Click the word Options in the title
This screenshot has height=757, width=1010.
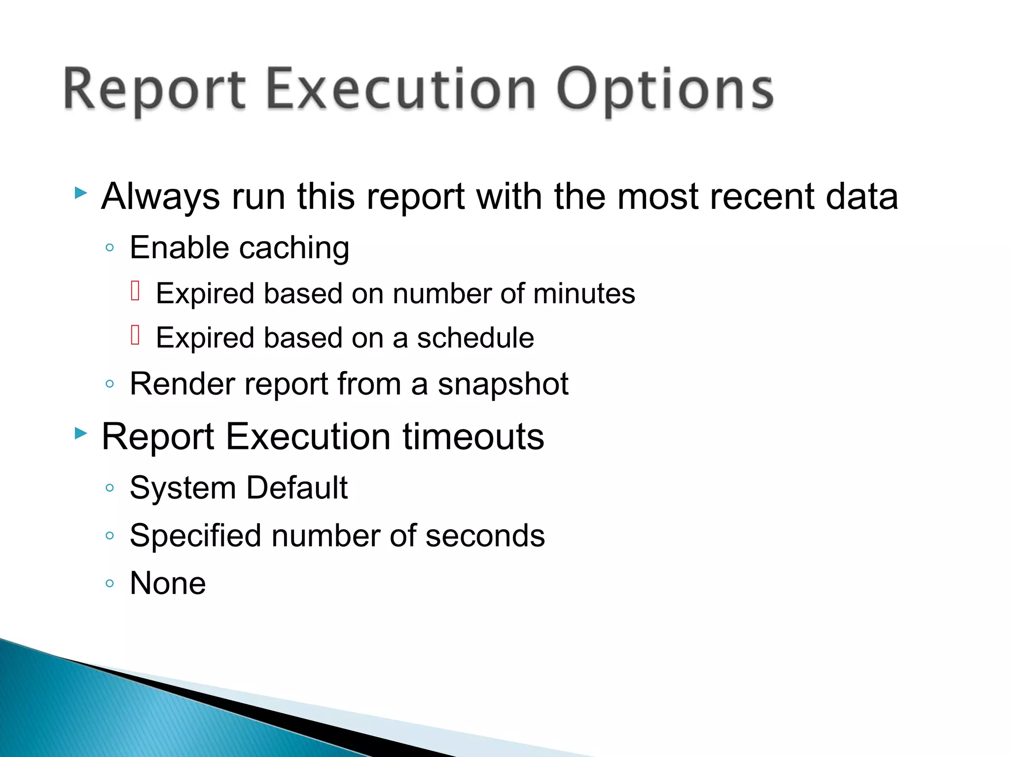pyautogui.click(x=665, y=90)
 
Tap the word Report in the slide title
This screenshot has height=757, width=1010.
pyautogui.click(x=154, y=90)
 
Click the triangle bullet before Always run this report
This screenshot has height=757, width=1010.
pyautogui.click(x=81, y=193)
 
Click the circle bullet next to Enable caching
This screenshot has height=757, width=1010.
pyautogui.click(x=110, y=247)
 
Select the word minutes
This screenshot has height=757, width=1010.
pyautogui.click(x=584, y=294)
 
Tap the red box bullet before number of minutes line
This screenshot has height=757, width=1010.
pyautogui.click(x=136, y=290)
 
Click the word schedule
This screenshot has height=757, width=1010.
pyautogui.click(x=475, y=338)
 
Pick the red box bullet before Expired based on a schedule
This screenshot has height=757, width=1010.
pyautogui.click(x=136, y=335)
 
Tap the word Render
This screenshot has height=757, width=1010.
pyautogui.click(x=181, y=384)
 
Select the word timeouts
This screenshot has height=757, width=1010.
pyautogui.click(x=473, y=437)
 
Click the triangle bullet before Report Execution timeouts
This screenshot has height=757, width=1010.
pyautogui.click(x=81, y=434)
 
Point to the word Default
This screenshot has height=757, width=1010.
pyautogui.click(x=297, y=488)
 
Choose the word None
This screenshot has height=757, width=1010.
pyautogui.click(x=168, y=584)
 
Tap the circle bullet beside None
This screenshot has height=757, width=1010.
pyautogui.click(x=110, y=584)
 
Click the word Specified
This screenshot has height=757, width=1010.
pyautogui.click(x=195, y=536)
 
